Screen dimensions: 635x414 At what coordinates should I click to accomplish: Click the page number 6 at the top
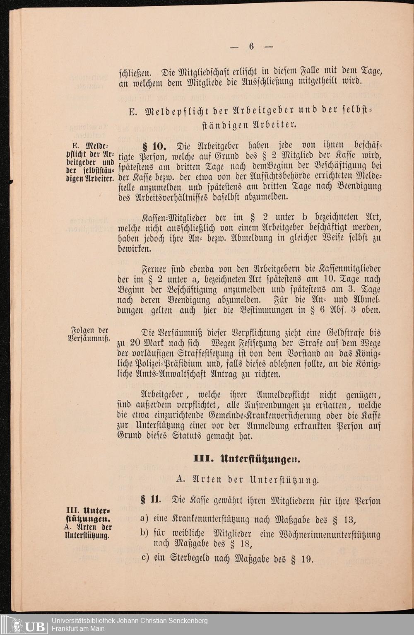(x=251, y=46)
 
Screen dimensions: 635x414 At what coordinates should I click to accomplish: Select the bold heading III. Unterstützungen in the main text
(x=247, y=459)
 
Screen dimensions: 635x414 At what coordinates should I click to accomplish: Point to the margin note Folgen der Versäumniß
(x=89, y=334)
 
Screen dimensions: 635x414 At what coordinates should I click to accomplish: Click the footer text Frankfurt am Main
(x=78, y=629)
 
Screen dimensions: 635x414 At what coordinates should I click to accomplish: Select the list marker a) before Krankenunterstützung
(x=144, y=519)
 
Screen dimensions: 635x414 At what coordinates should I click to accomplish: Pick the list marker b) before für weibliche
(x=144, y=534)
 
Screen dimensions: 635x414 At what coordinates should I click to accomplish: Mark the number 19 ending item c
(x=307, y=559)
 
